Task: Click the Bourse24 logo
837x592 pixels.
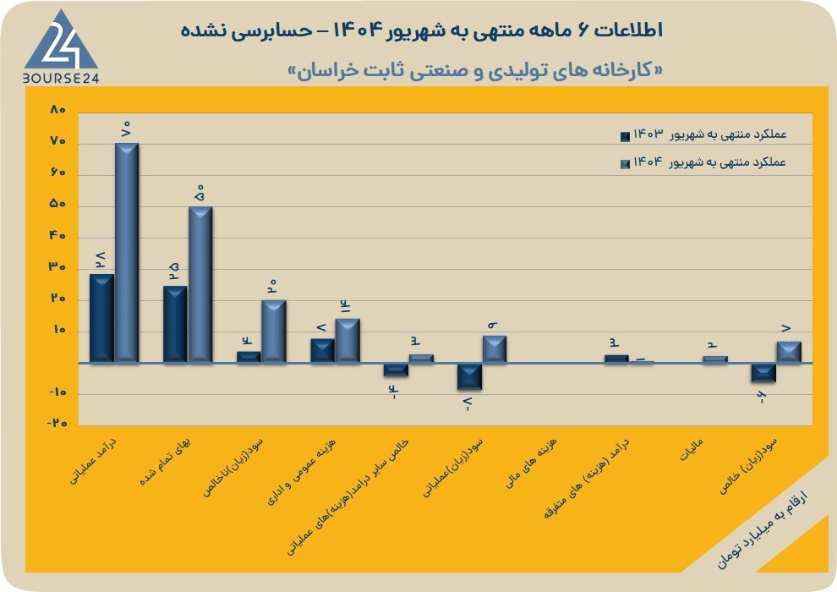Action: coord(61,47)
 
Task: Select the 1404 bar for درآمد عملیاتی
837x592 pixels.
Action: coord(127,253)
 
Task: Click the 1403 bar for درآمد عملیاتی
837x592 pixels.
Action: coord(101,319)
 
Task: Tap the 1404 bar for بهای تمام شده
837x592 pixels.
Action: coord(200,284)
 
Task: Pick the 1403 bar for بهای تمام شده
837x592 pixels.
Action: coord(175,325)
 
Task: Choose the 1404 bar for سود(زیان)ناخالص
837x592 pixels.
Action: coord(274,332)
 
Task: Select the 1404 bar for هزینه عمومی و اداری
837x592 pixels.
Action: coord(347,341)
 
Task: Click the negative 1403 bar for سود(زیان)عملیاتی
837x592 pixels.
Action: coord(470,376)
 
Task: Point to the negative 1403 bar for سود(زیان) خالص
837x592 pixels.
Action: coord(764,373)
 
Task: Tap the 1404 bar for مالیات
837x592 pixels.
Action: coord(715,359)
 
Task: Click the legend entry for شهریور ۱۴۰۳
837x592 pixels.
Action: coord(703,134)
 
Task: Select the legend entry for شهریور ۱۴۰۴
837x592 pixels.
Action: coord(703,162)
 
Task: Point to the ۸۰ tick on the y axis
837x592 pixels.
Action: coord(57,110)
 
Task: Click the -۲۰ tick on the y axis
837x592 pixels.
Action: coord(57,424)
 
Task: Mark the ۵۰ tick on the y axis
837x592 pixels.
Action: coord(57,205)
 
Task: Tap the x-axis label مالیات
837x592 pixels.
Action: coord(692,449)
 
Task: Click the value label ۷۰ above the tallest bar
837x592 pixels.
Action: coord(127,129)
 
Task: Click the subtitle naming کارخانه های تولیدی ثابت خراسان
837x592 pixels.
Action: coord(475,71)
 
